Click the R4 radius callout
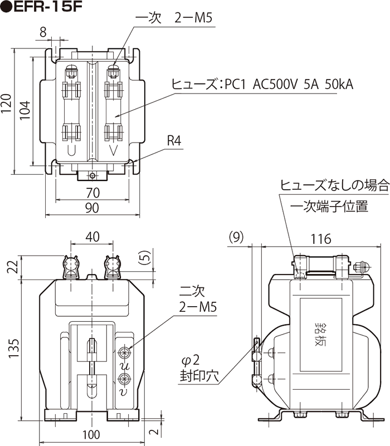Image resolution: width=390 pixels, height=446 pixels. point(174,141)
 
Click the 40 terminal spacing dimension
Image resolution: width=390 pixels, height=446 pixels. point(92,237)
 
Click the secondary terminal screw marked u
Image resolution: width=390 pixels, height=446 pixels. point(124,351)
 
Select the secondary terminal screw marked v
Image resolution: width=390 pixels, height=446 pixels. point(124,379)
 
